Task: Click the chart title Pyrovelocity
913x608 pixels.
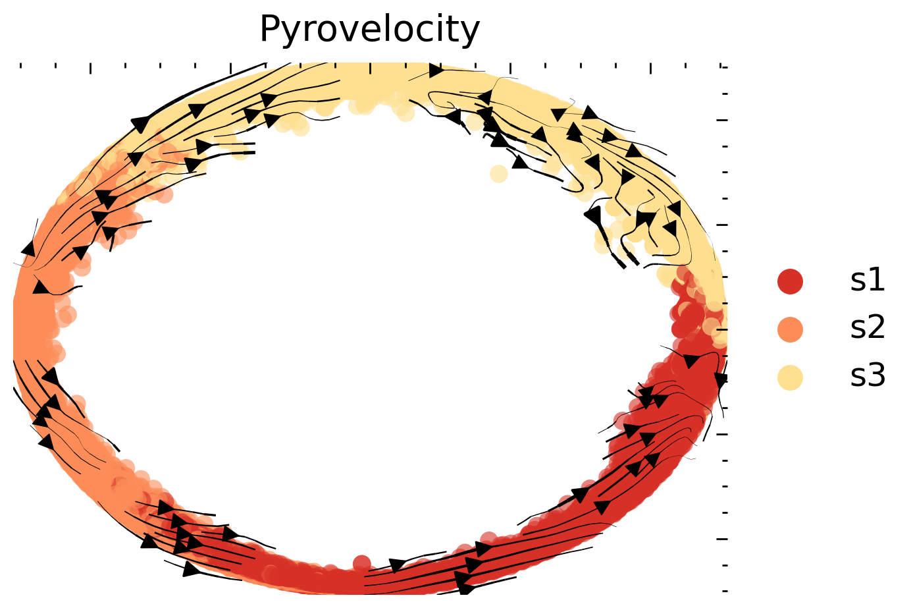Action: tap(369, 30)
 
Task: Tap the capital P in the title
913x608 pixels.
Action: tap(269, 30)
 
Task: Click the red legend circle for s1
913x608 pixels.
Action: tap(790, 281)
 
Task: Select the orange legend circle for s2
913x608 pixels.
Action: tap(790, 329)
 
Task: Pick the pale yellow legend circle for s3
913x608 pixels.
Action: tap(790, 377)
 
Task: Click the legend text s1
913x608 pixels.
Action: tap(868, 281)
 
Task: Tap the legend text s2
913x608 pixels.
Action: tap(868, 328)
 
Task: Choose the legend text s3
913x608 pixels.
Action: tap(868, 376)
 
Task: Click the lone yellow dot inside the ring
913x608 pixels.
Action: tap(499, 174)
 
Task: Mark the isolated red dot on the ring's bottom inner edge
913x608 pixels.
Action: tap(361, 563)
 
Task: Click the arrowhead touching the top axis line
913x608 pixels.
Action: tap(436, 70)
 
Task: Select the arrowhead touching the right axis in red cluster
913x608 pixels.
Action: tap(721, 380)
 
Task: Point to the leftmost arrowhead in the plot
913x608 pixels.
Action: tap(28, 249)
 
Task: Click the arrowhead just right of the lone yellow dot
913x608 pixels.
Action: tap(521, 162)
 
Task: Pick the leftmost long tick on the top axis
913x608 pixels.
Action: tap(90, 69)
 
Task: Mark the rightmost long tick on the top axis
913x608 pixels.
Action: tap(650, 69)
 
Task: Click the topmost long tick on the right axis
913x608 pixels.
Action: tap(722, 120)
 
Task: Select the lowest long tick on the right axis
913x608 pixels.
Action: tap(722, 539)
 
